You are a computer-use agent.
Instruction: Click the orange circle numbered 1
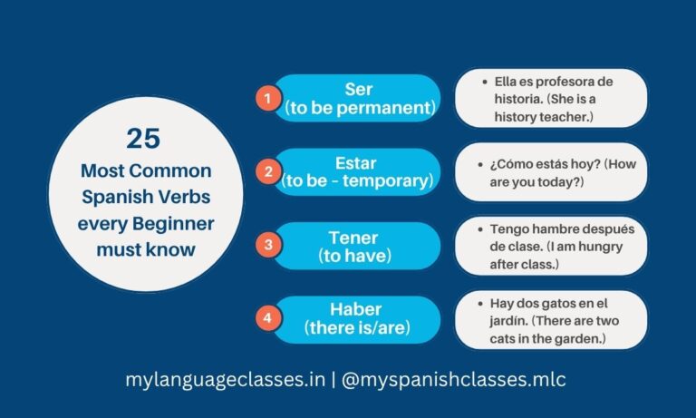point(266,97)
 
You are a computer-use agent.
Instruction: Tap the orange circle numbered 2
point(266,170)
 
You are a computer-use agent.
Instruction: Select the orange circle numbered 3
point(266,244)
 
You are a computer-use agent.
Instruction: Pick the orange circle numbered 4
point(266,318)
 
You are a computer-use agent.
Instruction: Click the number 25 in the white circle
point(145,139)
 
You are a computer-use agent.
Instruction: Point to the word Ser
point(360,89)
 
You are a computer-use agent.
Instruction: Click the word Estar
point(356,163)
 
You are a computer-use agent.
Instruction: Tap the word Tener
point(355,237)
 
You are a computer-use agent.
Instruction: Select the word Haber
point(355,310)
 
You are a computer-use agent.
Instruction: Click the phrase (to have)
point(355,256)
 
